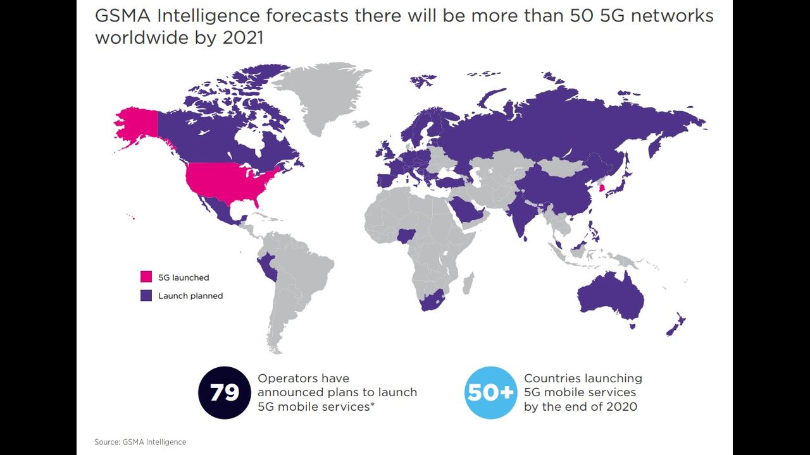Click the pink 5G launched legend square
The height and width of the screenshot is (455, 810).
[x=146, y=277]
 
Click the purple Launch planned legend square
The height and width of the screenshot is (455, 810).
[x=146, y=295]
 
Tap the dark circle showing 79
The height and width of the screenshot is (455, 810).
[x=225, y=393]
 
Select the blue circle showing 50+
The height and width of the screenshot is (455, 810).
[x=490, y=393]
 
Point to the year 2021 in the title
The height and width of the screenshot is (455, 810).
[x=243, y=37]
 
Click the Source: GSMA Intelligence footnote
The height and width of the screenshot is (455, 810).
[x=140, y=442]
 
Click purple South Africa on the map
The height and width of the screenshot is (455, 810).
[x=433, y=301]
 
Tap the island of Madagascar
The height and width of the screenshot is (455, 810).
[x=468, y=282]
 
